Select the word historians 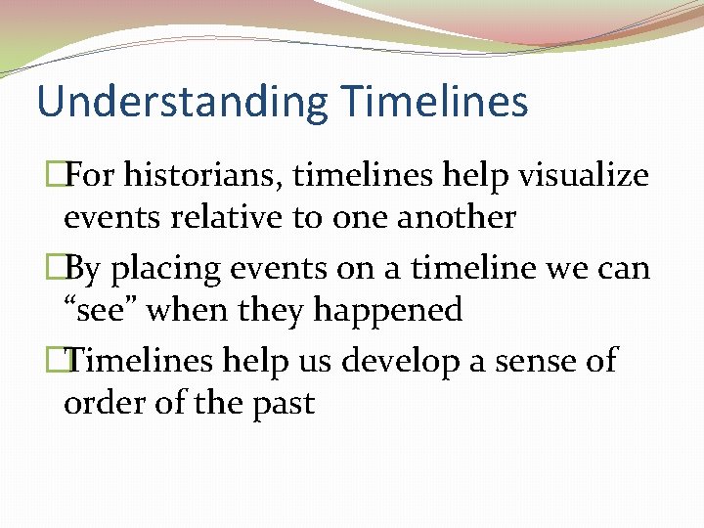[x=199, y=176]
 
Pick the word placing [x=172, y=269]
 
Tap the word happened [x=388, y=310]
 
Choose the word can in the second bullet [x=628, y=269]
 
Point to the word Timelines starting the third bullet [x=143, y=361]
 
